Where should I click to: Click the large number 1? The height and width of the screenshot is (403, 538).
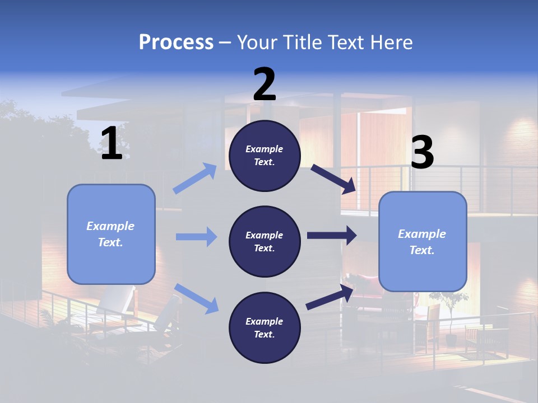click(x=112, y=144)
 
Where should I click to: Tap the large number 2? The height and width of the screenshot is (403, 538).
click(x=265, y=85)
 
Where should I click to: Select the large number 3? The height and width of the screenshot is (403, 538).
click(x=423, y=153)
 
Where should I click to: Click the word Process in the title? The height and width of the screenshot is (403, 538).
click(x=176, y=42)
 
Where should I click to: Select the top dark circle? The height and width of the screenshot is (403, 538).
click(x=265, y=156)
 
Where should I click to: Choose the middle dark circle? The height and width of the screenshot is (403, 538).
click(x=265, y=241)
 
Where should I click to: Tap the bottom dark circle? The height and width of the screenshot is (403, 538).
click(x=265, y=327)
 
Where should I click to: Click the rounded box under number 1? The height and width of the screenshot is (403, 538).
click(x=111, y=234)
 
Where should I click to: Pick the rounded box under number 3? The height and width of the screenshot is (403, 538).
click(x=423, y=242)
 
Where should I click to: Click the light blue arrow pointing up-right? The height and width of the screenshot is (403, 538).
click(x=196, y=178)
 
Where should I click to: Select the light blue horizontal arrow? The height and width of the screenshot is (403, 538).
click(x=196, y=237)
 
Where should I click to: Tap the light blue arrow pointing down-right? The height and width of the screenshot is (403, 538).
click(x=197, y=298)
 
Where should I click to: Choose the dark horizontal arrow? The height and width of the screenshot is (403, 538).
click(x=332, y=236)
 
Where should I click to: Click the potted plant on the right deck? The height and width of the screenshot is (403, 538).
click(x=451, y=316)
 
